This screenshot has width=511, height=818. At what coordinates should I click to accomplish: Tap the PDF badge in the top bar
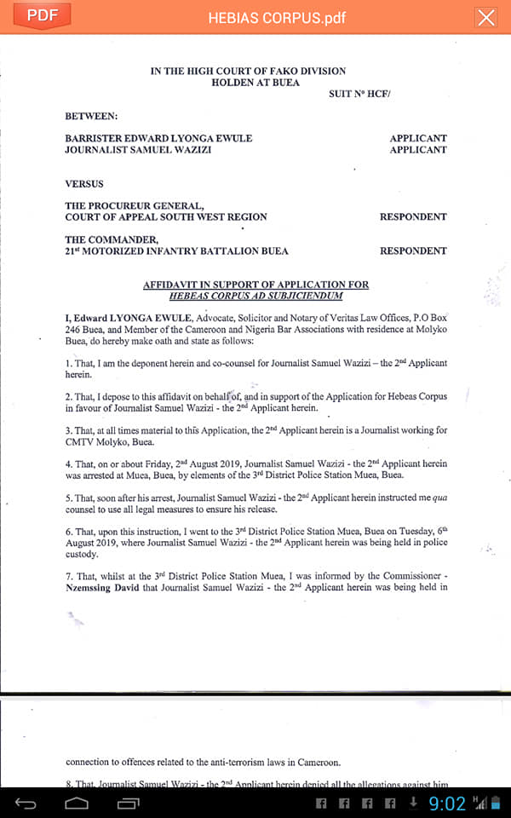(42, 16)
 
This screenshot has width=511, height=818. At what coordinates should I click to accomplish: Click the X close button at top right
(486, 18)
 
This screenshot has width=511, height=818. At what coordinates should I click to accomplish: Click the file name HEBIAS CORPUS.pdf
(277, 18)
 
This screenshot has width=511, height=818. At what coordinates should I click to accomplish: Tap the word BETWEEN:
(91, 115)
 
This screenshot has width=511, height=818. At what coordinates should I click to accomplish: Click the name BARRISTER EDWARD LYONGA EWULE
(158, 138)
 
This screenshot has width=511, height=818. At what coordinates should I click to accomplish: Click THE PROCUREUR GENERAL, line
(134, 205)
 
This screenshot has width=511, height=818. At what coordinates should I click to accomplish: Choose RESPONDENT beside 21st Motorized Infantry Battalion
(413, 251)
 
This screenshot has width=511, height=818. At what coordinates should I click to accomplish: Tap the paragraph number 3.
(67, 430)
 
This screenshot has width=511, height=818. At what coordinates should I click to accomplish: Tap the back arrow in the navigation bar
(26, 803)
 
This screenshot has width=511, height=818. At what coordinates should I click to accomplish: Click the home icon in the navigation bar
(77, 803)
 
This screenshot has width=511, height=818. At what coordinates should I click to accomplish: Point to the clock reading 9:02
(446, 804)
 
